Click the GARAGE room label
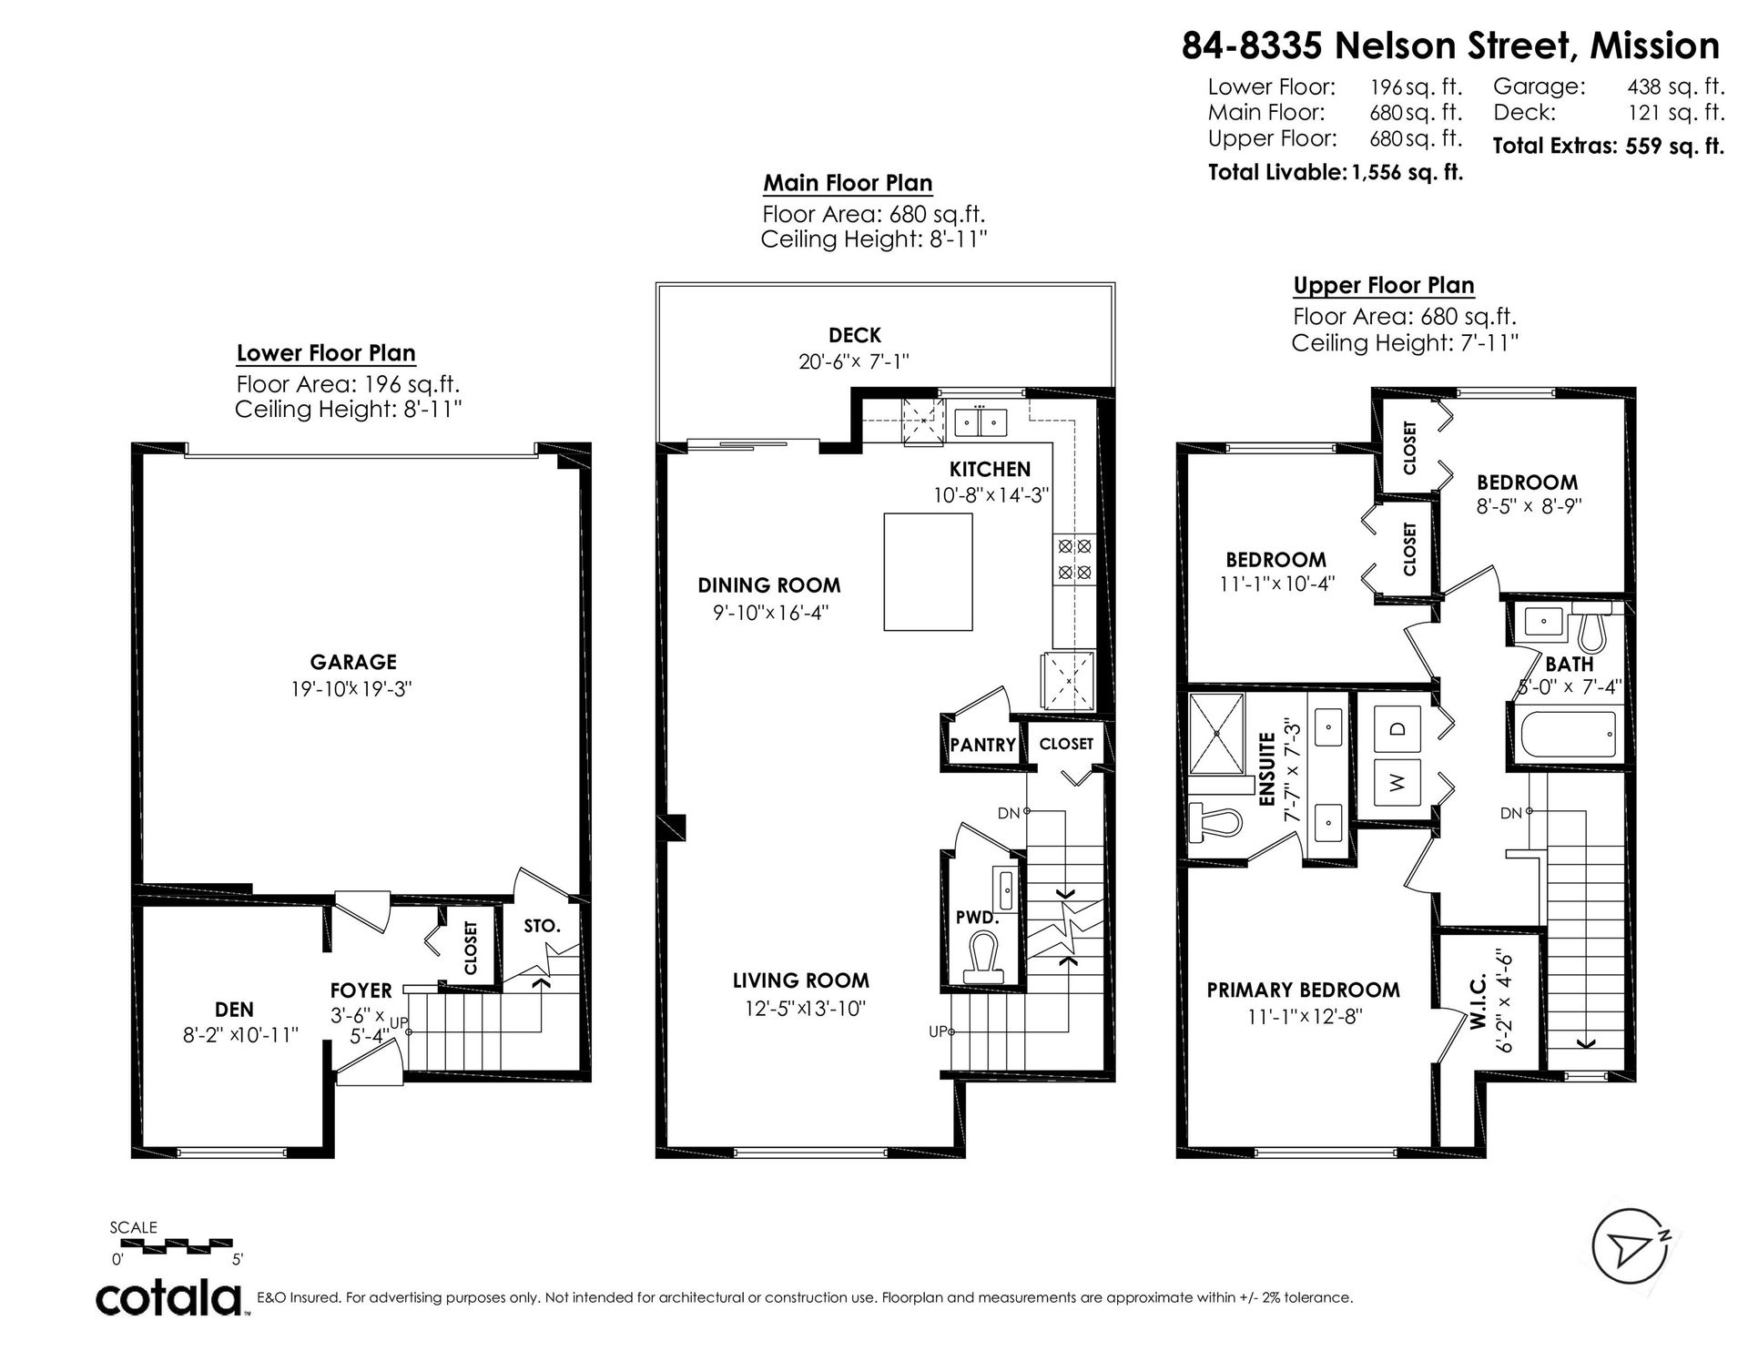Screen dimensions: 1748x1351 point(353,662)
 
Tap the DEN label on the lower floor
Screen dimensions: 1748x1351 point(234,1009)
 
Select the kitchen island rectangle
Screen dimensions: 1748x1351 point(928,572)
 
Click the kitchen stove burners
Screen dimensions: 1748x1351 point(1072,559)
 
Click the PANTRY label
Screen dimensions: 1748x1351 point(982,745)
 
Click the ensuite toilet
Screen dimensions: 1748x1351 point(1215,822)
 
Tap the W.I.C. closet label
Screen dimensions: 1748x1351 point(1477,1001)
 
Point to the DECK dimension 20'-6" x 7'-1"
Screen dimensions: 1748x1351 point(854,361)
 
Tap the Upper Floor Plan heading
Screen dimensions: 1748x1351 point(1384,285)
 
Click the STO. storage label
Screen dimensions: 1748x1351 point(542,926)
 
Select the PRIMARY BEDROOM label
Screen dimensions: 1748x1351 point(1304,990)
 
